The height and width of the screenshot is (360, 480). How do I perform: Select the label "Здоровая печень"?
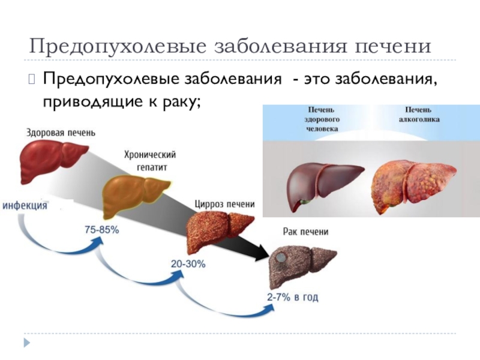point(60,132)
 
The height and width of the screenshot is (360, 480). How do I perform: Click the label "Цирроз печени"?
point(224,204)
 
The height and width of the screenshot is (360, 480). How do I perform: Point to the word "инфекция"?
point(25,205)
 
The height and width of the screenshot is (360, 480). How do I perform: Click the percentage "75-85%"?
point(101,230)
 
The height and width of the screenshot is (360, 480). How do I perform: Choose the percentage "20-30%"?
point(188,263)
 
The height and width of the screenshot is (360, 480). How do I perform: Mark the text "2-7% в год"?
point(293,297)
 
